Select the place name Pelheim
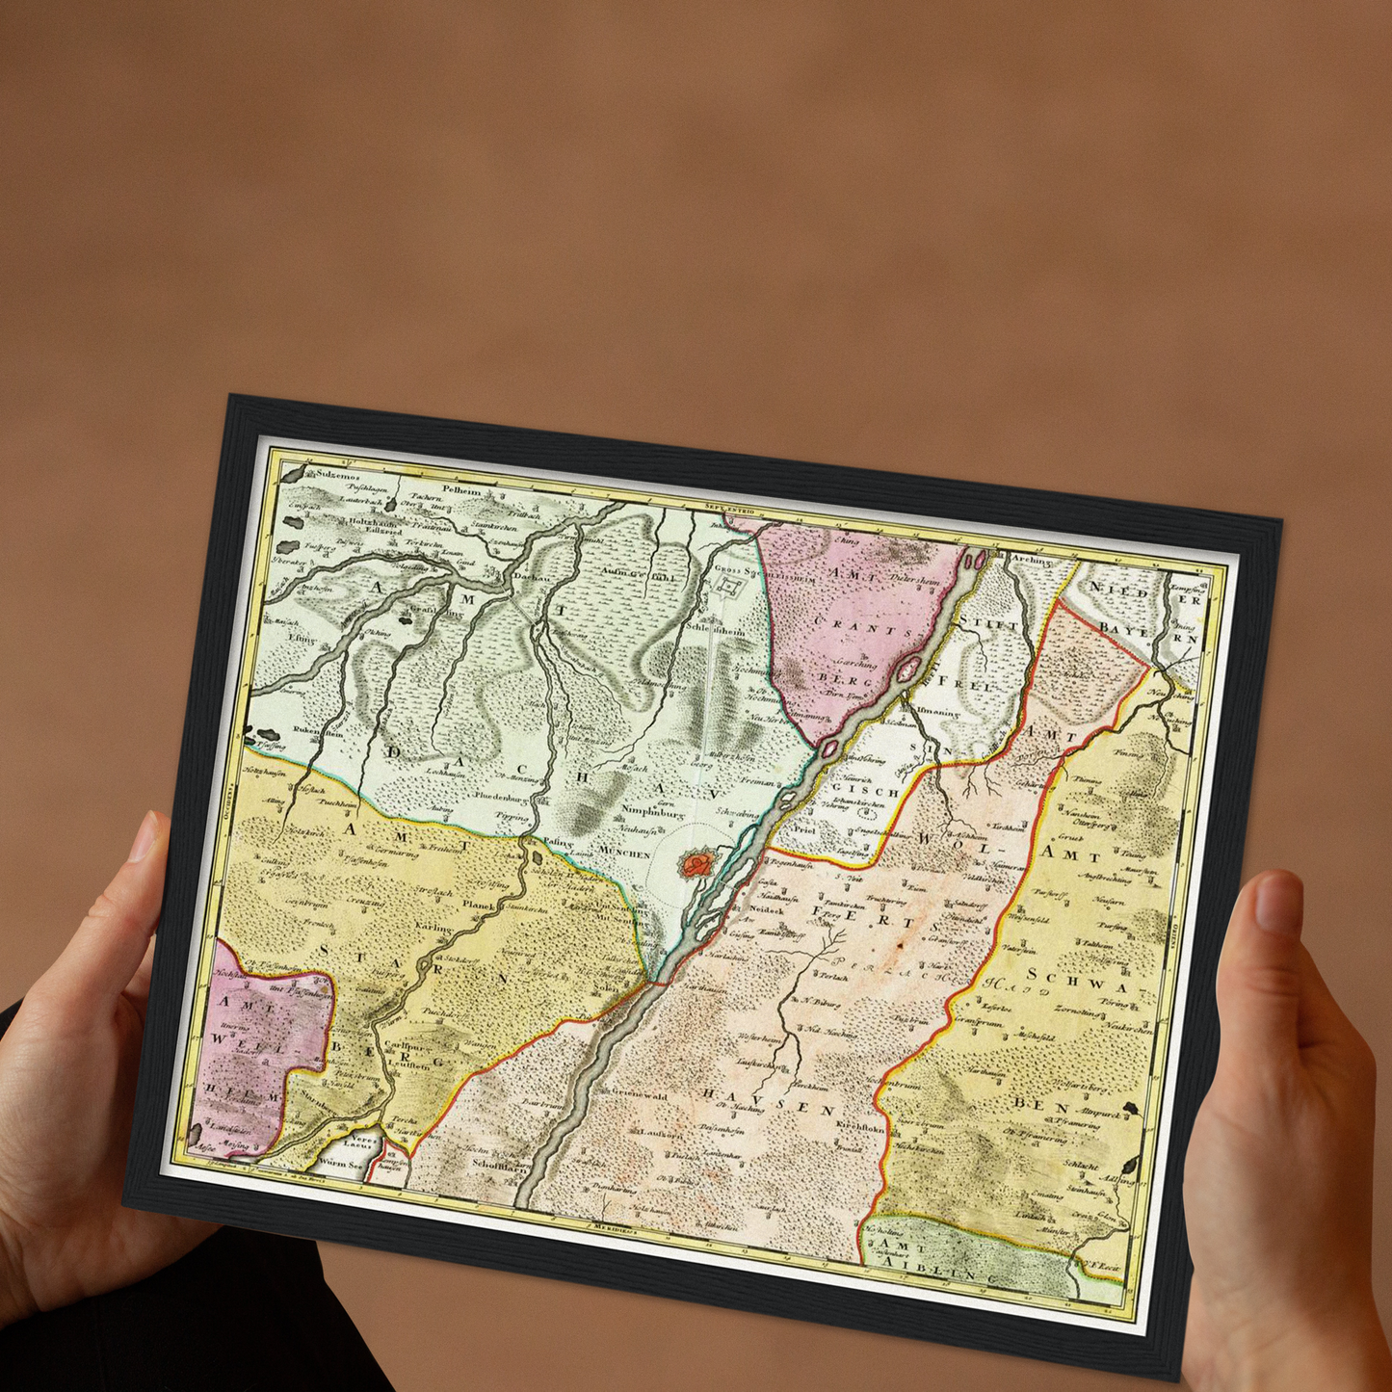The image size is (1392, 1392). [x=460, y=490]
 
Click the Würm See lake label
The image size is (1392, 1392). [x=343, y=1164]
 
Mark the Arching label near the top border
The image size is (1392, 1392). [x=1032, y=559]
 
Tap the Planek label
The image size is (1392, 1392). [x=479, y=906]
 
